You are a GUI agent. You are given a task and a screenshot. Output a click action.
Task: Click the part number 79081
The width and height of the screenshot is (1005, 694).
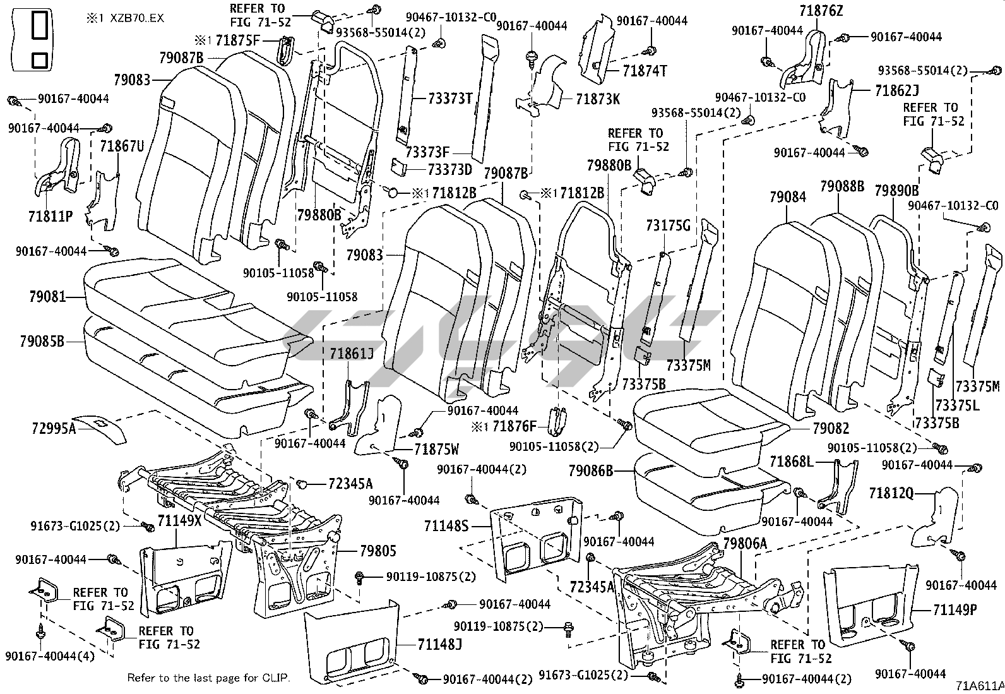47,296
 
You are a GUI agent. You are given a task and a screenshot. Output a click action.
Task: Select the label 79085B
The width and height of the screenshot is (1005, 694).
42,342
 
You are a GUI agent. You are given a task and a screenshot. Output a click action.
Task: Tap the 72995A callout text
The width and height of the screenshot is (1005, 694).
53,429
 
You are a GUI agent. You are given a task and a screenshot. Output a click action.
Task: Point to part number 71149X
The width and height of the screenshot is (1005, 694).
180,521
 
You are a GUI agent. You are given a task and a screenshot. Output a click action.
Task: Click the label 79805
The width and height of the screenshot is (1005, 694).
378,551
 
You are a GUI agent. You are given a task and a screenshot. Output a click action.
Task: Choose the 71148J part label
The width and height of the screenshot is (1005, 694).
440,644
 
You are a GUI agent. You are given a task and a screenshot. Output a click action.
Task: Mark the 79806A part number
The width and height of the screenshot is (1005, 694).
745,543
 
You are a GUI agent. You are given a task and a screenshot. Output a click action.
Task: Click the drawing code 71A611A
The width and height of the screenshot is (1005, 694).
979,686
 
